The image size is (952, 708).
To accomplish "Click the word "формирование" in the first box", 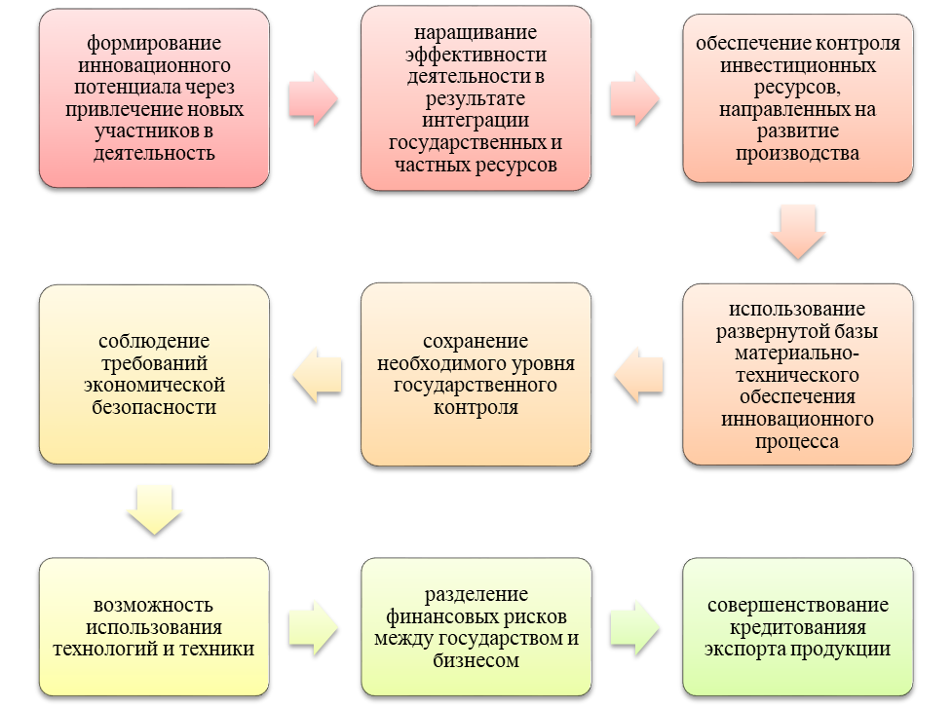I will point(154,44).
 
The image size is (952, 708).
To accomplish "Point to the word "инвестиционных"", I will point(798,66).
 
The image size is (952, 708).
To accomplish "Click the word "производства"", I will point(798,153).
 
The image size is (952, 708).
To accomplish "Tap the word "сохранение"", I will point(476,342).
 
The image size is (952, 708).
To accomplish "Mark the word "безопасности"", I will point(154,406).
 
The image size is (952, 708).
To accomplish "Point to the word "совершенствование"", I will point(798,606).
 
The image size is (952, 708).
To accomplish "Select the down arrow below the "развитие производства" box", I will point(797,231).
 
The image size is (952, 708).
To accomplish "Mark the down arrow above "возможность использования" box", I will point(154,508).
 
